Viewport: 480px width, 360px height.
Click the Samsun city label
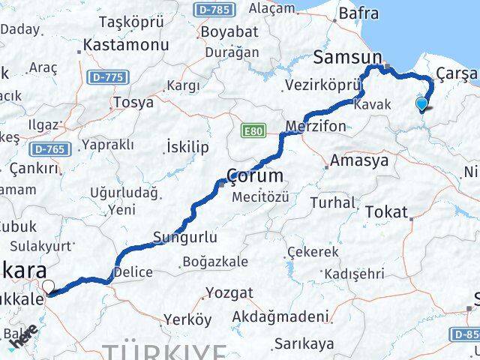(x=348, y=57)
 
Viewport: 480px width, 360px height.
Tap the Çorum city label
(x=256, y=177)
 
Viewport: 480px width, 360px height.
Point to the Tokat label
(x=386, y=211)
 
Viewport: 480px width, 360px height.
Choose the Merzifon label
(x=316, y=125)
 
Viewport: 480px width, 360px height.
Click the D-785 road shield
(x=217, y=10)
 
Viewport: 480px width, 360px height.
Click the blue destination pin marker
(x=422, y=104)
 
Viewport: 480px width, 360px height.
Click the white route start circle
(x=49, y=286)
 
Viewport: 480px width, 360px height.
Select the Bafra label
(x=358, y=13)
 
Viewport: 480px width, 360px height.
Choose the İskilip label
(x=187, y=146)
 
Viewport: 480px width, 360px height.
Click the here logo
(x=23, y=342)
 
